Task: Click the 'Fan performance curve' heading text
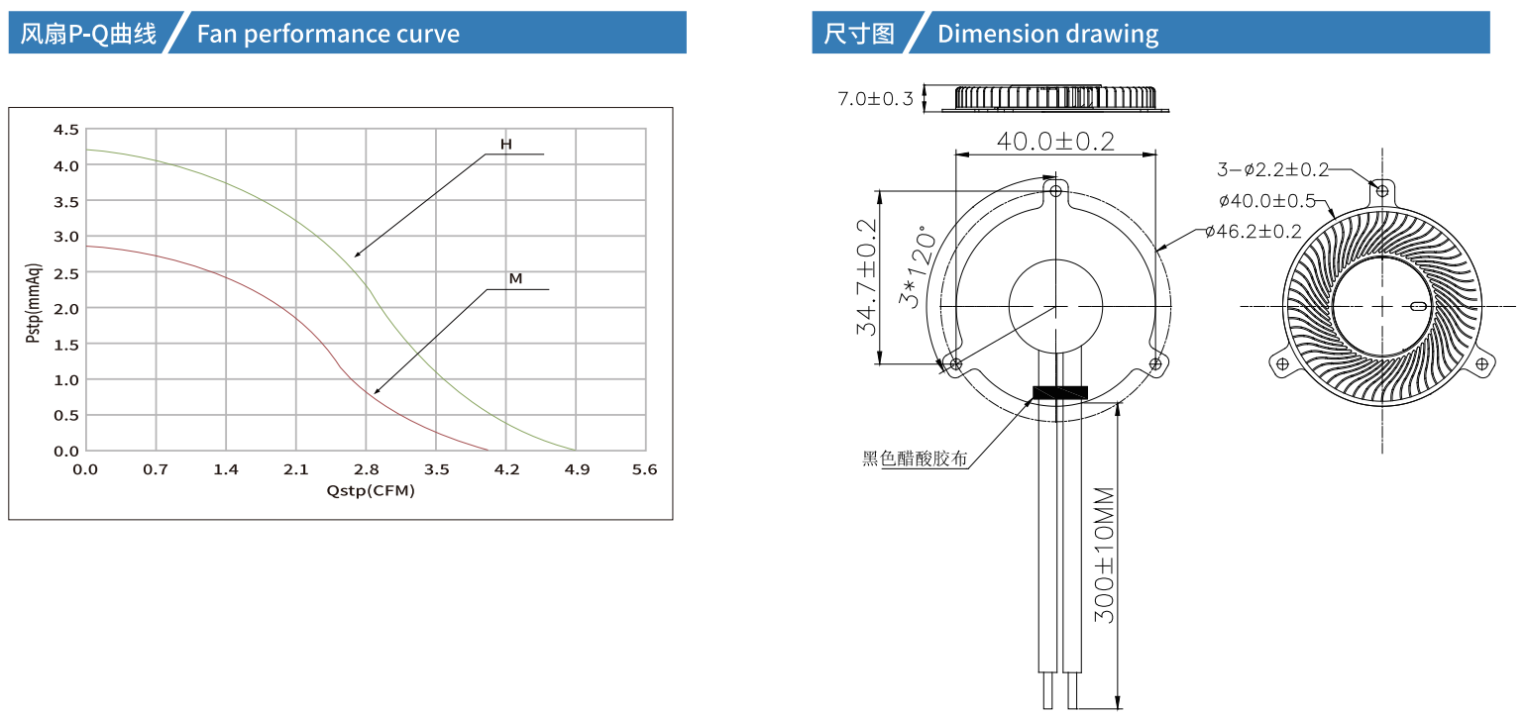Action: pos(328,34)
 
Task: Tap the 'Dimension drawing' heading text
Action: pos(1047,34)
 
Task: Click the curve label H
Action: pos(505,145)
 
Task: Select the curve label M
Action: pos(515,278)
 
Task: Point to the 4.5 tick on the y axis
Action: pos(66,130)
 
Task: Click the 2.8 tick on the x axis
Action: pos(366,469)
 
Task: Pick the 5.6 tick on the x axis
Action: pos(644,469)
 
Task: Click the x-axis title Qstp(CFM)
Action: pos(371,491)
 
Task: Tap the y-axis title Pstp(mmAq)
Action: pos(34,303)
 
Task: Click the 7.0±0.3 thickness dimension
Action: pos(875,99)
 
